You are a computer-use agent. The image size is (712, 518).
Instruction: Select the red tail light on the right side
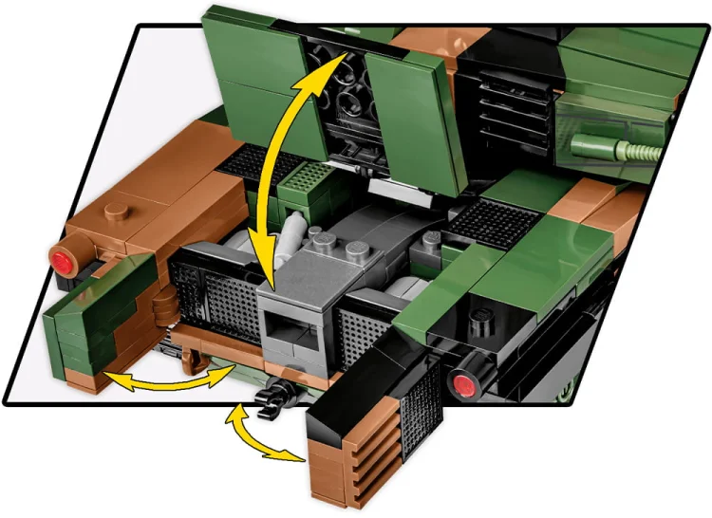point(464,384)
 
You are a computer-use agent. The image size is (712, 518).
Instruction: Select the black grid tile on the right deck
point(494,224)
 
